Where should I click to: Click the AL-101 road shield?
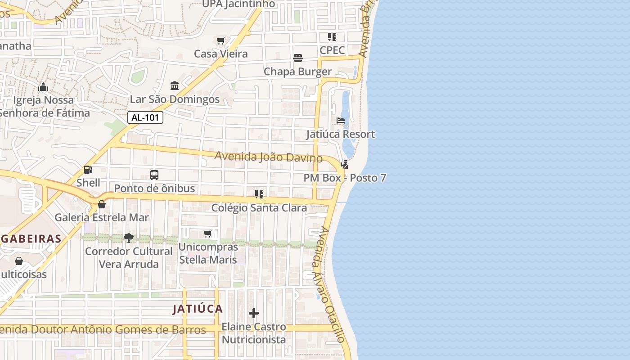click(145, 118)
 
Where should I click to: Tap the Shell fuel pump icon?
click(88, 170)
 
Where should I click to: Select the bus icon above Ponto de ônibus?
click(154, 175)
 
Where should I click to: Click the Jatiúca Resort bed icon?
click(341, 121)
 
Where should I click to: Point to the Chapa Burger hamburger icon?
click(298, 58)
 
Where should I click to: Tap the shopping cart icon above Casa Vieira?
click(220, 41)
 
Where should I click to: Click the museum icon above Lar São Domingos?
click(175, 85)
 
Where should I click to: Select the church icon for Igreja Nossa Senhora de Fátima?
click(43, 86)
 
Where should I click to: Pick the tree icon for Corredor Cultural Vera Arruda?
click(129, 238)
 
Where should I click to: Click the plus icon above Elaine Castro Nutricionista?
click(254, 313)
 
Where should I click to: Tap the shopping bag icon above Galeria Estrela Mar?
click(102, 204)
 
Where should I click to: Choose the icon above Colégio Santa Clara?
click(259, 194)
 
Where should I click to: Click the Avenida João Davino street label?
click(268, 157)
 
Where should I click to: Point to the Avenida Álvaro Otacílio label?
click(331, 285)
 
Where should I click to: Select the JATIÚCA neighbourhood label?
click(198, 309)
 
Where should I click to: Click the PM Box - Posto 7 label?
click(345, 178)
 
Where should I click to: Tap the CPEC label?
click(332, 50)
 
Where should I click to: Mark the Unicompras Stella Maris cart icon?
click(208, 234)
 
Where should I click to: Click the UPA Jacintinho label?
click(238, 4)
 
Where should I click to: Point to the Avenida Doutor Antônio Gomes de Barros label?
click(103, 330)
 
